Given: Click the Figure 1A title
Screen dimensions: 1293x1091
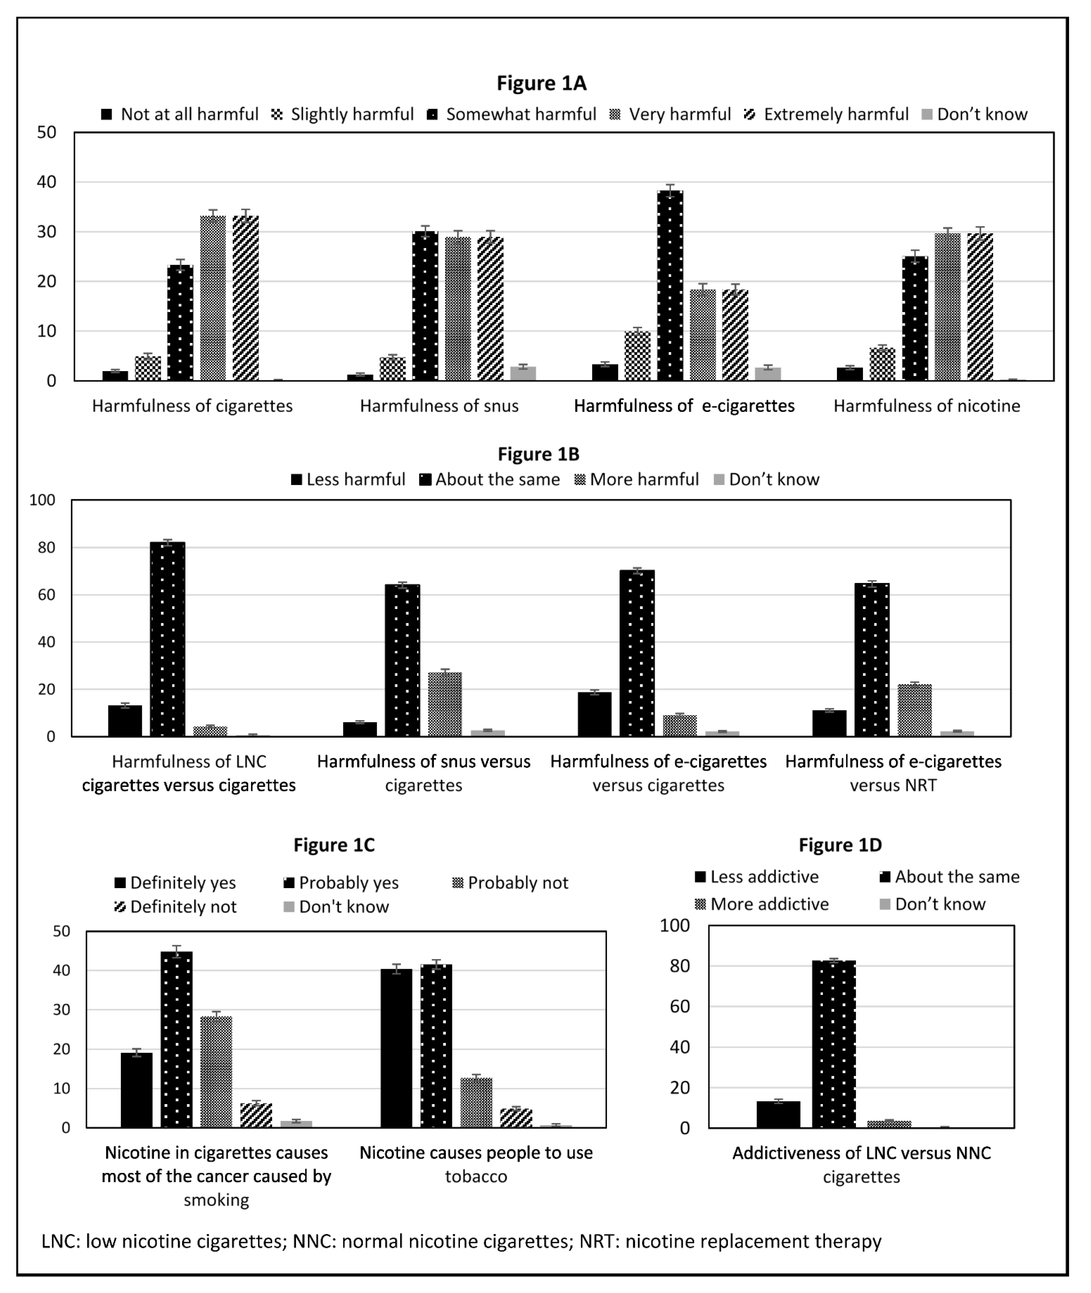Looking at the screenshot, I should point(541,83).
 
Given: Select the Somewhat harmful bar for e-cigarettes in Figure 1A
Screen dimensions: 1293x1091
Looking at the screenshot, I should point(670,286).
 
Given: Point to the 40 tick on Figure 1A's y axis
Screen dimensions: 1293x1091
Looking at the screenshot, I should point(46,182).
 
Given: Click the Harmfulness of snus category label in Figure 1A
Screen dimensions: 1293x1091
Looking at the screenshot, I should point(439,406).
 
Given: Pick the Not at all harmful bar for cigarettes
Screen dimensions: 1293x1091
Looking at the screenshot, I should point(115,376).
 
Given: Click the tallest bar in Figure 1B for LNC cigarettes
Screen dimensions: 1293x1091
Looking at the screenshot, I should point(167,639).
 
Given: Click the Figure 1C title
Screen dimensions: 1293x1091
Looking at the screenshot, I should point(334,845).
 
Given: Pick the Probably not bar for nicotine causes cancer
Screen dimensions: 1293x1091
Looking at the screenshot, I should point(216,1072).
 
